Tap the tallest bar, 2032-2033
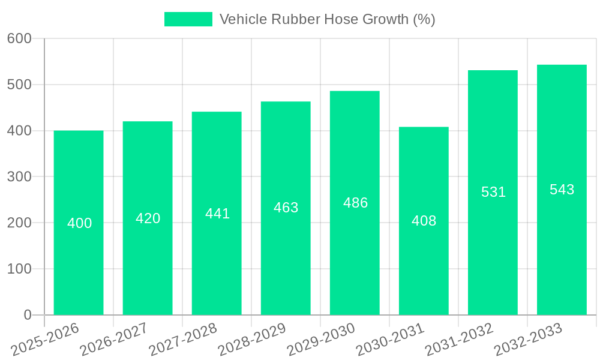[562, 252]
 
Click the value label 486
[355, 203]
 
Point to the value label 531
[493, 192]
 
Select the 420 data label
[148, 218]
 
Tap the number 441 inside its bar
[217, 214]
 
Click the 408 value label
[424, 221]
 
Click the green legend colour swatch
[188, 19]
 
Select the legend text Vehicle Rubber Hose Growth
[327, 19]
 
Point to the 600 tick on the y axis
[19, 38]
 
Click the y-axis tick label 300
[19, 177]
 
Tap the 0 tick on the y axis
[27, 315]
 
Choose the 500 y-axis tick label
[19, 85]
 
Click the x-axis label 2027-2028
[183, 340]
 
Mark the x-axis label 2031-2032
[459, 340]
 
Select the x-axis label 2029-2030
[321, 340]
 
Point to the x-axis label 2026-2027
[114, 340]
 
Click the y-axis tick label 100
[19, 269]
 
